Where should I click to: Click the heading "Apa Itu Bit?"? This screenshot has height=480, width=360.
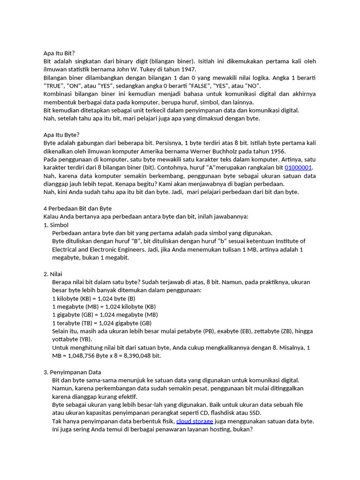point(59,53)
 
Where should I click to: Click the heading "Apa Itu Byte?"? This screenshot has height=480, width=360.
point(61,135)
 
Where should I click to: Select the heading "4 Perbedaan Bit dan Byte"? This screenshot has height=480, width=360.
point(77,208)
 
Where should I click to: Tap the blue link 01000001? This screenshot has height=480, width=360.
point(299,167)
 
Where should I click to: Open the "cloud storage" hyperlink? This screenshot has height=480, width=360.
point(195,421)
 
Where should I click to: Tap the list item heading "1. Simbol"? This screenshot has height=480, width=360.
point(56,225)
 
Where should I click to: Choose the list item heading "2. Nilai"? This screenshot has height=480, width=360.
point(53,274)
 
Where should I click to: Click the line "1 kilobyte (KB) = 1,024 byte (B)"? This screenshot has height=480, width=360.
point(94,298)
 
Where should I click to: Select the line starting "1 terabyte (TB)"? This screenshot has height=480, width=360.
point(102,322)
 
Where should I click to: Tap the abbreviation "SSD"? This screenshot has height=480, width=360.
point(255,412)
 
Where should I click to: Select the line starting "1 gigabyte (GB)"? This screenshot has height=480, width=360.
point(105,315)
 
